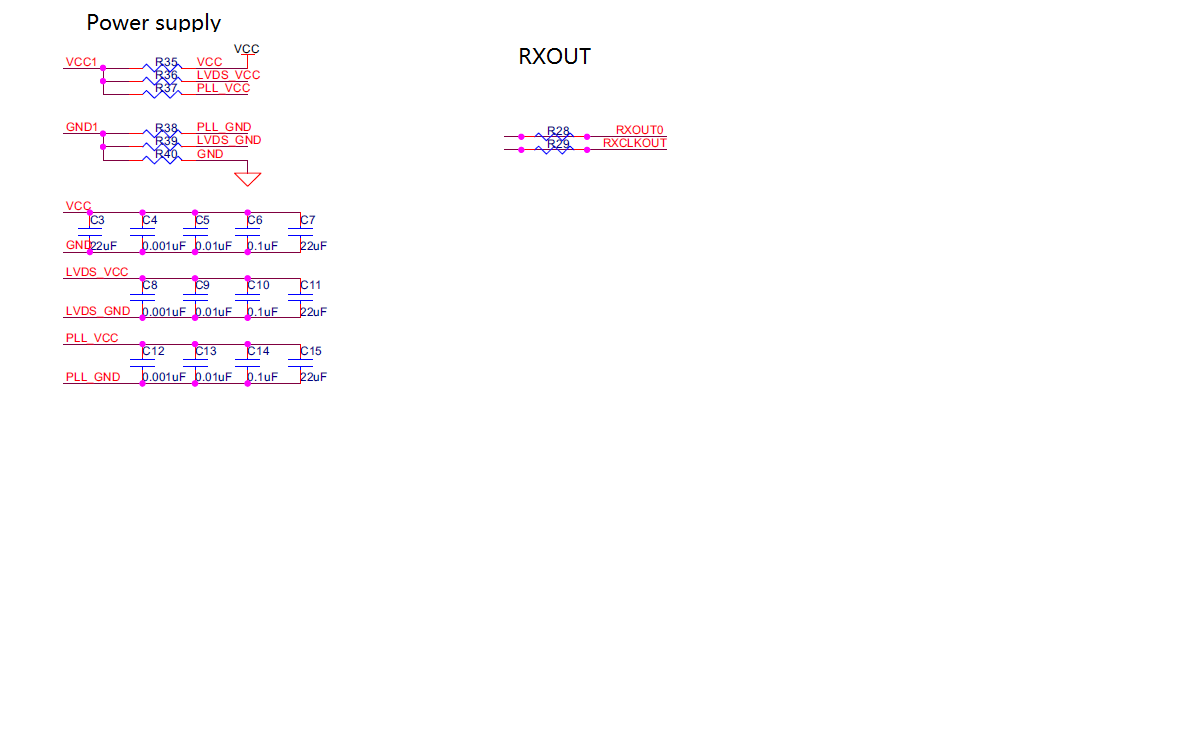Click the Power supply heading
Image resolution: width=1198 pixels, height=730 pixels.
point(153,22)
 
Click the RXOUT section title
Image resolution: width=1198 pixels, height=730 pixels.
point(554,57)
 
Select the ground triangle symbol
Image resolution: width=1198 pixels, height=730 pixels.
point(247,179)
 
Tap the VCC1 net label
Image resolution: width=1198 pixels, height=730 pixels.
point(81,62)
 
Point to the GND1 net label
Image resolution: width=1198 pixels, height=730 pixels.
point(82,128)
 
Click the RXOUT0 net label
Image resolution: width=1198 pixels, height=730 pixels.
point(640,130)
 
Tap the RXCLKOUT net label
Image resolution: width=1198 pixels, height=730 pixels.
point(634,143)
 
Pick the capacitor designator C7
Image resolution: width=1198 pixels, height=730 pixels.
point(308,220)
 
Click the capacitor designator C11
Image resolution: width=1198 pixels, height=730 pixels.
point(311,285)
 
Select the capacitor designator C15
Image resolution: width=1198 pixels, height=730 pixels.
point(311,351)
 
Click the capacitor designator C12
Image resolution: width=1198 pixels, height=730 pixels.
point(154,351)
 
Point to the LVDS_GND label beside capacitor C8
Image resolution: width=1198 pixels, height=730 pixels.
point(97,312)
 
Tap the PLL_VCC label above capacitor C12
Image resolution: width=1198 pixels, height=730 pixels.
point(92,338)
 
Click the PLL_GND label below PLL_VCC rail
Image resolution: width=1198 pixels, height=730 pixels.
point(92,377)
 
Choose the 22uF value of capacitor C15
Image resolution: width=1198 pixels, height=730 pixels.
point(314,377)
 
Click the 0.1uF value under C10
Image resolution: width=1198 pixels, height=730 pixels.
point(263,312)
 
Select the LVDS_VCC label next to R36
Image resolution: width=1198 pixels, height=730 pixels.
point(228,75)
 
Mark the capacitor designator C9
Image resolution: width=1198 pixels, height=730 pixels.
point(202,285)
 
